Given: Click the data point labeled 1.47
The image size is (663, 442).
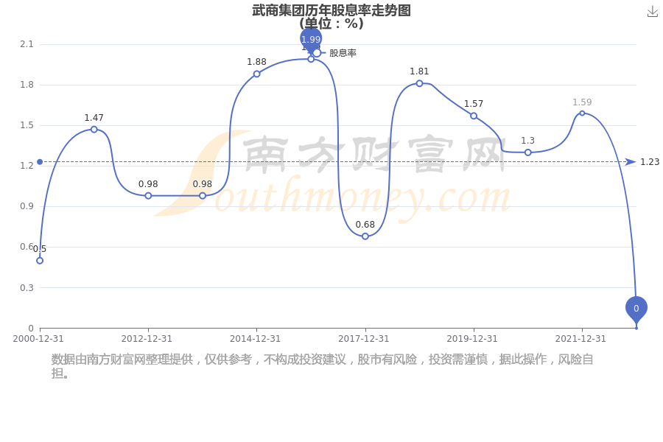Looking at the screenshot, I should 94,130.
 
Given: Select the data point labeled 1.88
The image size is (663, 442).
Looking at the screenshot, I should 256,74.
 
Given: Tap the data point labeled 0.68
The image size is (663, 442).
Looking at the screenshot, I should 365,236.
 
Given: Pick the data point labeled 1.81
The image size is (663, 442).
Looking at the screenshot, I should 419,83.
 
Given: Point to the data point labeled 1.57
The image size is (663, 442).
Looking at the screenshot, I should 474,116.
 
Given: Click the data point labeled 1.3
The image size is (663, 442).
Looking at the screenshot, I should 527,152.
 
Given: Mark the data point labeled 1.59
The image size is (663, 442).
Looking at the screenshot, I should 582,113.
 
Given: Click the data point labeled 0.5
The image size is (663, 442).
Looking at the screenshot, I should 40,260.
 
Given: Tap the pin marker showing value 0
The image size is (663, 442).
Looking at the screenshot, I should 636,308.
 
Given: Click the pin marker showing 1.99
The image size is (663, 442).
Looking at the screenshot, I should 311,39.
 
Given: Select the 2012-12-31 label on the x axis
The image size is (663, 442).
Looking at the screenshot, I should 147,339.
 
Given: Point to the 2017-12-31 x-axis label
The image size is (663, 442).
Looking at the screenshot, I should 363,339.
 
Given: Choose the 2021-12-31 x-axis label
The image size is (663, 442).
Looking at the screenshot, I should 580,339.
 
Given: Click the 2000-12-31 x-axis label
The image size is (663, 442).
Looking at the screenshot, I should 38,339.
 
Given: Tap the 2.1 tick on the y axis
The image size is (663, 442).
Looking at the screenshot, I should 27,44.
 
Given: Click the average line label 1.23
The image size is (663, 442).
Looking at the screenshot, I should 650,162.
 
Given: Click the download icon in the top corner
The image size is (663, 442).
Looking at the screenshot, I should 652,12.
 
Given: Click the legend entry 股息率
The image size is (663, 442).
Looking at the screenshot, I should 342,53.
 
